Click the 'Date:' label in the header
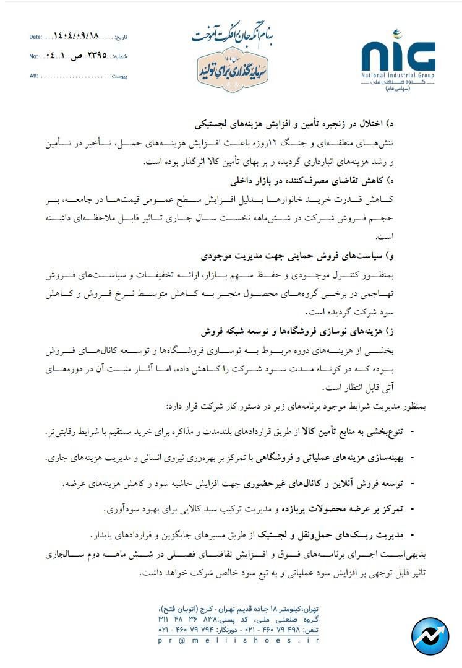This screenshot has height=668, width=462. pyautogui.click(x=35, y=37)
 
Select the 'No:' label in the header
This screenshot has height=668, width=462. pyautogui.click(x=33, y=56)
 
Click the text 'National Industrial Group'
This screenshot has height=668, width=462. pyautogui.click(x=398, y=76)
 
